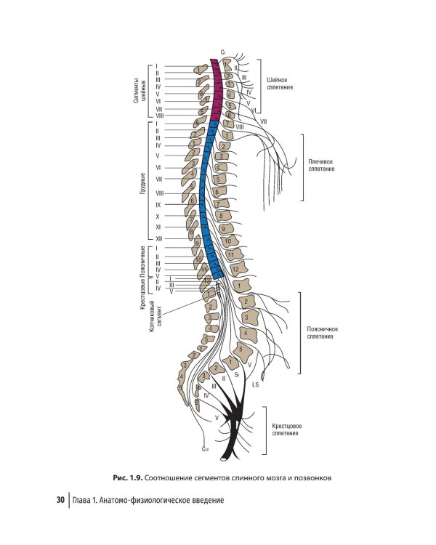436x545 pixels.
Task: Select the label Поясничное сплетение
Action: coord(321,332)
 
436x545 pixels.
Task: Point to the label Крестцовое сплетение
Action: coord(286,429)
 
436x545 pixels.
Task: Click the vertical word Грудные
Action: coord(142,182)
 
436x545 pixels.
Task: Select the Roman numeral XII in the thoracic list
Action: coord(158,238)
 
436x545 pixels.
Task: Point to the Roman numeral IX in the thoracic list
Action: coord(158,205)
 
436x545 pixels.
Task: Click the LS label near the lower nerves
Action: coord(255,384)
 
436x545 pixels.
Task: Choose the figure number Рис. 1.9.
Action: coord(127,477)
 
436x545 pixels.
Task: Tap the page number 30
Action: coord(61,500)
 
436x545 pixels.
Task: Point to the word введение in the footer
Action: coord(205,500)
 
